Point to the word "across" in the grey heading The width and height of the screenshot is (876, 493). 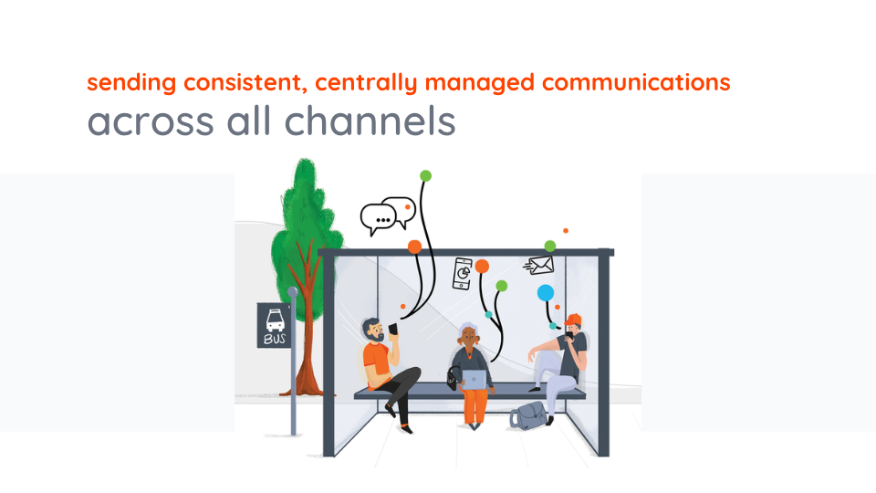click(x=139, y=121)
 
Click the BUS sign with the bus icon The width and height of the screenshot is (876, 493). click(x=274, y=325)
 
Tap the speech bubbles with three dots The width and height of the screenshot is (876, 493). click(x=387, y=215)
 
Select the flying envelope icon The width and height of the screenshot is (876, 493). click(x=539, y=265)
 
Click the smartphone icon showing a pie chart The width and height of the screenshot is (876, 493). click(x=463, y=273)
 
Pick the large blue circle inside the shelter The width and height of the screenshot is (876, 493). click(x=545, y=293)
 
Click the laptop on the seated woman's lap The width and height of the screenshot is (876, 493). click(x=475, y=378)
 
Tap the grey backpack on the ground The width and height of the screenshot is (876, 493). click(x=527, y=415)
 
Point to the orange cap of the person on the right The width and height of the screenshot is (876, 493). click(x=574, y=320)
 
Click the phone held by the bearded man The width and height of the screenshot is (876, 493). click(x=393, y=329)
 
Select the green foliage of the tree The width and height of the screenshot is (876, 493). click(x=301, y=215)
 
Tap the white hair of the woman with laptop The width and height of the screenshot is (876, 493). click(x=470, y=330)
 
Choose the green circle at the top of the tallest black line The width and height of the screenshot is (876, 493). click(x=425, y=175)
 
